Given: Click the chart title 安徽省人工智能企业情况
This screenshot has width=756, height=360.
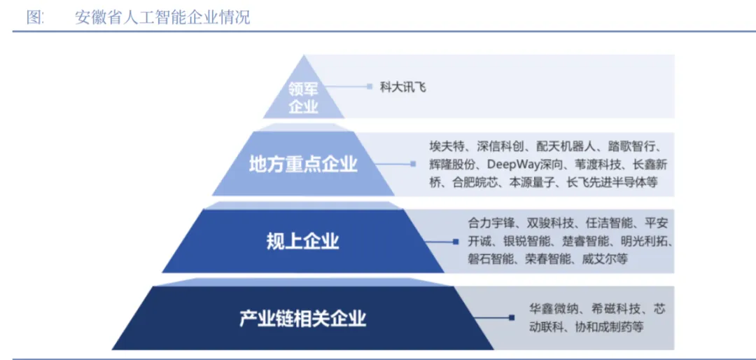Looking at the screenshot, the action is tap(162, 17).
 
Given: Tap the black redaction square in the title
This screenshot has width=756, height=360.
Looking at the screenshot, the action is tap(53, 14).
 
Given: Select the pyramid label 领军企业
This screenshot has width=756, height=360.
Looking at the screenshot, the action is tap(303, 97).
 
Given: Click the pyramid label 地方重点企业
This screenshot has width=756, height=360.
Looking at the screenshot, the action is tap(303, 165).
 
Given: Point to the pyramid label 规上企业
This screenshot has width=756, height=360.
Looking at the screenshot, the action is tap(303, 242).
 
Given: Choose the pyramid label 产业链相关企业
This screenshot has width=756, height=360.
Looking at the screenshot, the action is tap(303, 319).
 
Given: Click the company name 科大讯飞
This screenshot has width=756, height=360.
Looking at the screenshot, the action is tap(402, 87).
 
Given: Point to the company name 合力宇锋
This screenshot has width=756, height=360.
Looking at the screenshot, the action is tap(491, 223).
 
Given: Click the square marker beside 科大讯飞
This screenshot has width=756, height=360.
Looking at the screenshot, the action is tap(370, 87).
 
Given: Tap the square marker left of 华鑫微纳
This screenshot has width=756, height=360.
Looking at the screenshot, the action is tap(511, 318).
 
